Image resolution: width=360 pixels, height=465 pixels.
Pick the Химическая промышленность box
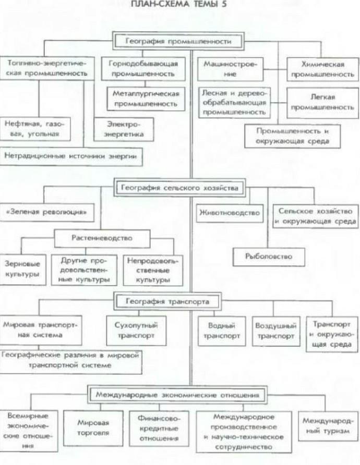point(322,69)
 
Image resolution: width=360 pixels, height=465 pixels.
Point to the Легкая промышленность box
point(322,102)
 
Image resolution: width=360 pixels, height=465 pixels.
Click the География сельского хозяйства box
point(178,187)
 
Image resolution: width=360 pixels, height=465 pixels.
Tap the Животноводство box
point(229,213)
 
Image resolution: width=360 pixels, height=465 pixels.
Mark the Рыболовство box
point(268,256)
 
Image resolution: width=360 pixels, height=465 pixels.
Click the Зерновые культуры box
point(22,268)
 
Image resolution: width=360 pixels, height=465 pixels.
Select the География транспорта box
point(167,301)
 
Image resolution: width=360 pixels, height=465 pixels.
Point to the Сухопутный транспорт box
point(131,331)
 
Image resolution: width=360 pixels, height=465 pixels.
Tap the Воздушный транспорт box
point(275,331)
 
